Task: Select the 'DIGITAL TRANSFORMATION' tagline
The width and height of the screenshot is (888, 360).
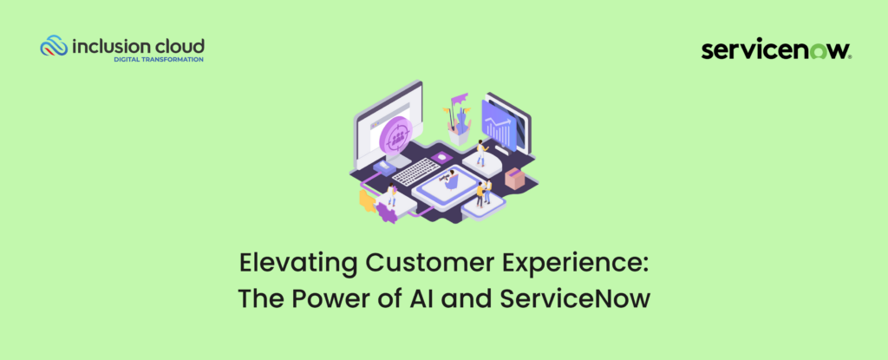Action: point(160,60)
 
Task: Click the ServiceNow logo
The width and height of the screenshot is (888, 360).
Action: point(775,50)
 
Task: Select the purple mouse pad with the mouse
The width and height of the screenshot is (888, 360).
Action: point(441,158)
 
